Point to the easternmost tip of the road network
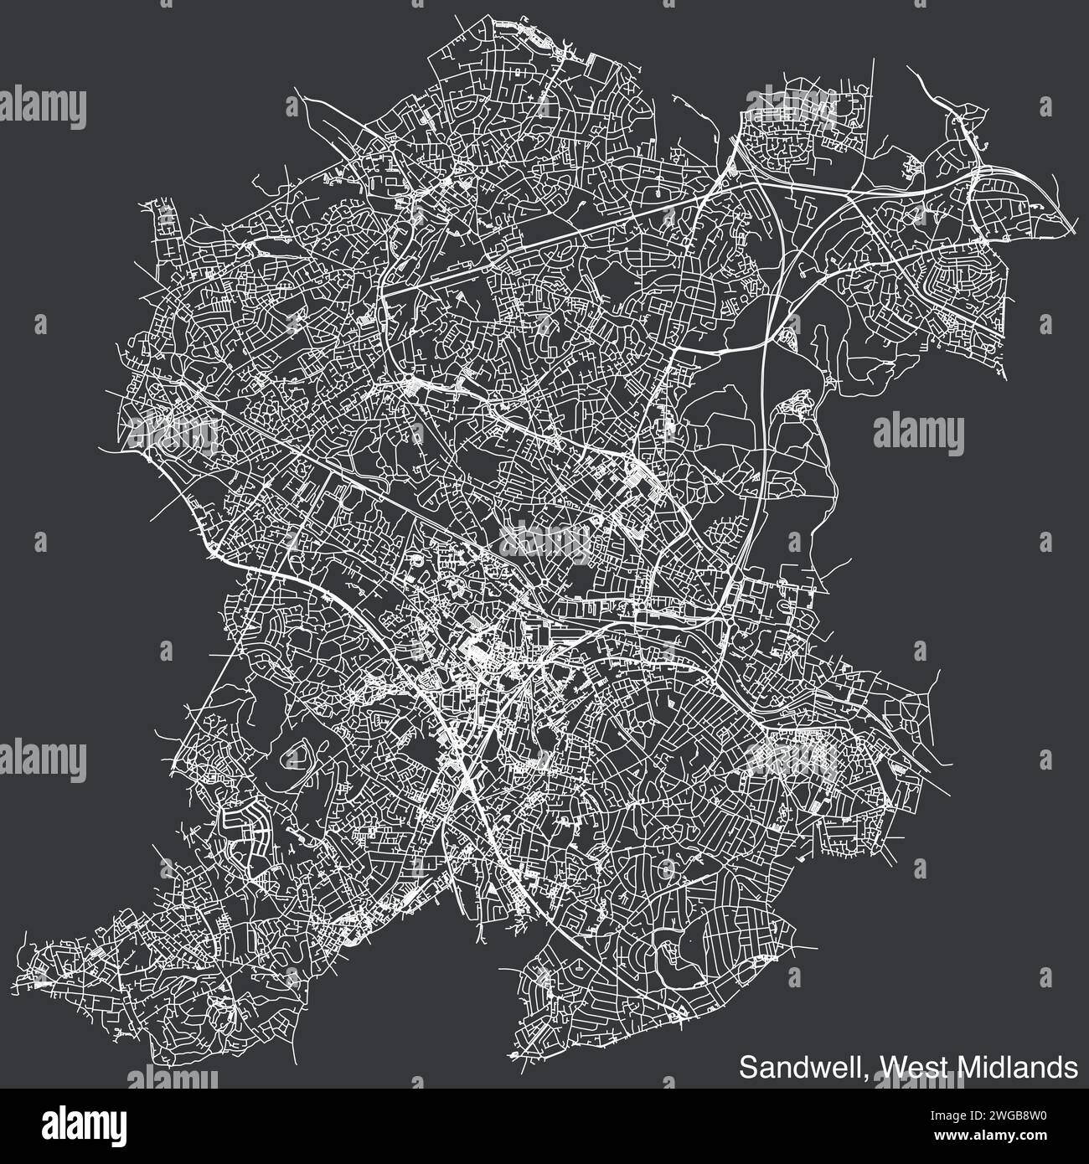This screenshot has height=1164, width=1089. point(1076,227)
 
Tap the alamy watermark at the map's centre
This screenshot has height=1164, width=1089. point(544,540)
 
